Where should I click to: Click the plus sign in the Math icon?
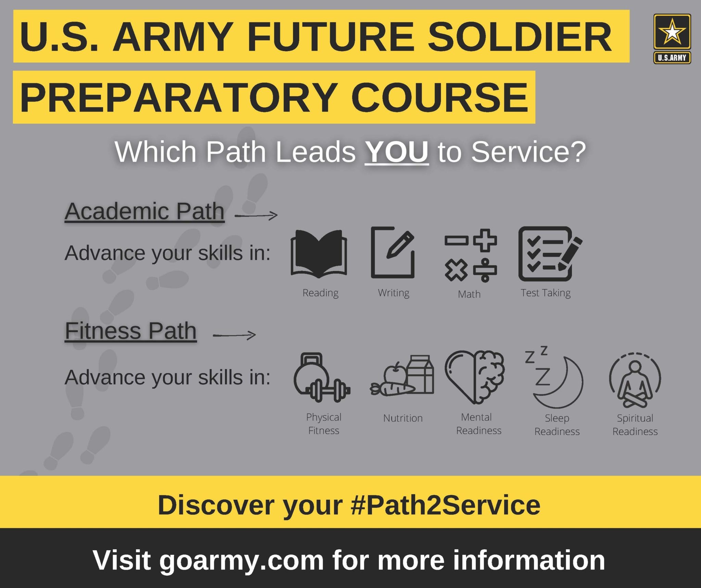(485, 240)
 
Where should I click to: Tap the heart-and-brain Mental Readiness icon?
(475, 376)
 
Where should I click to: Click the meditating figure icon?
(635, 380)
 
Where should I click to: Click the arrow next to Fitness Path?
(234, 335)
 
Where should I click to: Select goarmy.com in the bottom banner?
(241, 561)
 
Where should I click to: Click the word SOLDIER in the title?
(520, 37)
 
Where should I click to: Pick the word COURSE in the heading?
(440, 98)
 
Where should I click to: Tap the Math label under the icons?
(469, 294)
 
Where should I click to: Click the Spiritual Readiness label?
(635, 425)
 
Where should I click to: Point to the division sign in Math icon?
(485, 270)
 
